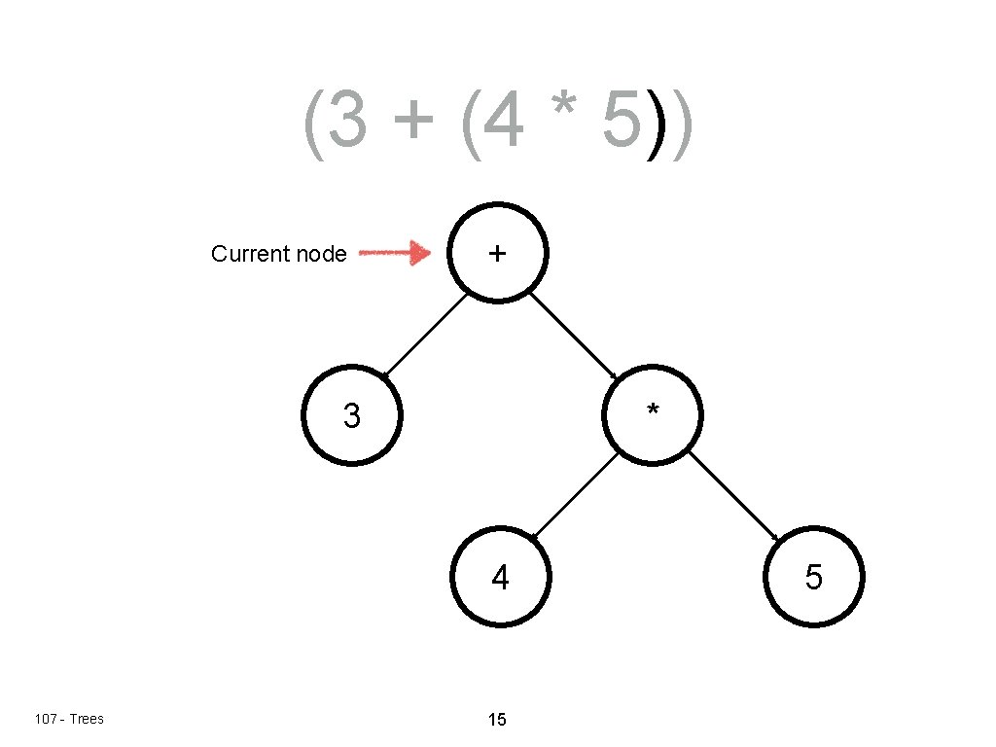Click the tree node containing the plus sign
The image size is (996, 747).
[x=497, y=252]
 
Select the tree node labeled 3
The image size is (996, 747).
[x=351, y=415]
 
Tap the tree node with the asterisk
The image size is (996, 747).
[x=653, y=415]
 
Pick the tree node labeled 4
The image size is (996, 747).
[x=500, y=578]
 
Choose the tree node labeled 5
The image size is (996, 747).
[x=814, y=578]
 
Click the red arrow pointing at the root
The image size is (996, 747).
[x=395, y=254]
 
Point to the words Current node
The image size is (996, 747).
[x=278, y=254]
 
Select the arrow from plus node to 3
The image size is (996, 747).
[x=425, y=334]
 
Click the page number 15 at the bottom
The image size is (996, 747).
[x=497, y=720]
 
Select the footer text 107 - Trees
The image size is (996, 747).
[x=68, y=719]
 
